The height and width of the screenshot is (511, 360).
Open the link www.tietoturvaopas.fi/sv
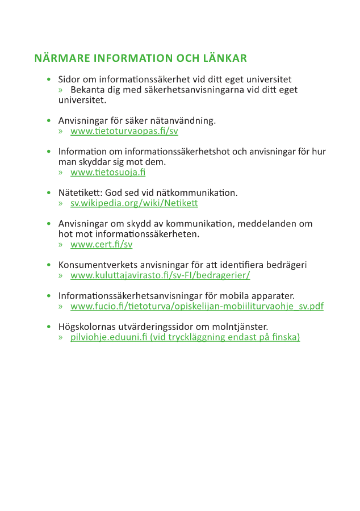[124, 131]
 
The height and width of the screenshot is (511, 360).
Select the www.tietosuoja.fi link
[108, 173]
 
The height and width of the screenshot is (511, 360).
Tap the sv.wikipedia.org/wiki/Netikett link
[134, 203]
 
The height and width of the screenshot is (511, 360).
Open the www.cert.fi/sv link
[101, 245]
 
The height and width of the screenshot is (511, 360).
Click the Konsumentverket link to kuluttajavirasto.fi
[160, 275]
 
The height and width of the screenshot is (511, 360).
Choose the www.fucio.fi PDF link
[197, 306]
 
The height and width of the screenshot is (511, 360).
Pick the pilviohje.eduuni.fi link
[185, 337]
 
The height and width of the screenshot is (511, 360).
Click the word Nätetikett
[78, 193]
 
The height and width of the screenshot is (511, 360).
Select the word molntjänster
[241, 326]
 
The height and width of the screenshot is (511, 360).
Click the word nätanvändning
[189, 121]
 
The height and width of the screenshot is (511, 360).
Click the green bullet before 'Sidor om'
[49, 80]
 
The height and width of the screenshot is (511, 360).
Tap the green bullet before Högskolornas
[49, 327]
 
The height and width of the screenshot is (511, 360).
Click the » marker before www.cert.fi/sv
[61, 245]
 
